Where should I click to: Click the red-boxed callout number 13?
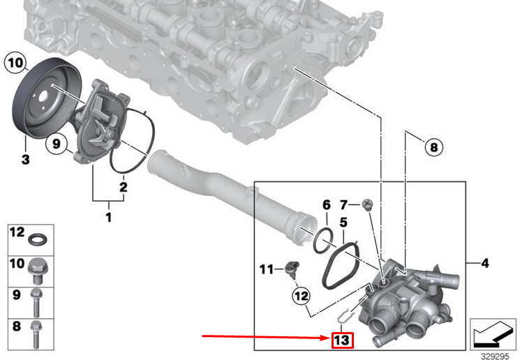pos(343,340)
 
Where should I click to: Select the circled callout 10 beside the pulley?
pos(16,63)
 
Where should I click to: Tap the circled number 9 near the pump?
pos(57,144)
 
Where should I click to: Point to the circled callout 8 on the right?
pos(433,147)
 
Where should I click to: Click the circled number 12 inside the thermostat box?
pos(302,296)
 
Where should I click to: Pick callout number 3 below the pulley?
pos(25,160)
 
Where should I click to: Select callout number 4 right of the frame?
pos(485,263)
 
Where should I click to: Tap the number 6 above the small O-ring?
pos(327,205)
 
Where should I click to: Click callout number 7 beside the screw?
pos(343,205)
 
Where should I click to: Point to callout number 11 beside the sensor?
pos(267,269)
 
